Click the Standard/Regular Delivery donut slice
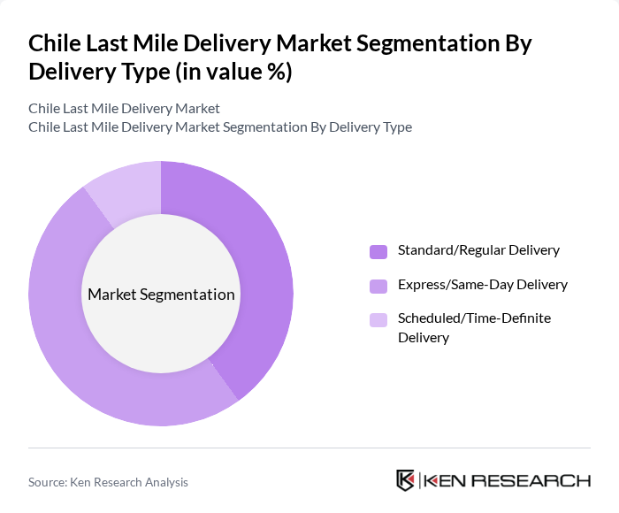point(265,265)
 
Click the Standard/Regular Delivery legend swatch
point(378,251)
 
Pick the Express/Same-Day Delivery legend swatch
point(378,286)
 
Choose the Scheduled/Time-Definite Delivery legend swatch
point(378,319)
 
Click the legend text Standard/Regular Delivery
point(478,250)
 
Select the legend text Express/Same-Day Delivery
point(482,285)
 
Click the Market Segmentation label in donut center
point(161,295)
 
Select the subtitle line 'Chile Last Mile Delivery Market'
point(124,108)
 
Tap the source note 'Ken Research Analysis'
point(108,482)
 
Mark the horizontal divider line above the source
point(309,448)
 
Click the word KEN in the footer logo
point(449,481)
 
